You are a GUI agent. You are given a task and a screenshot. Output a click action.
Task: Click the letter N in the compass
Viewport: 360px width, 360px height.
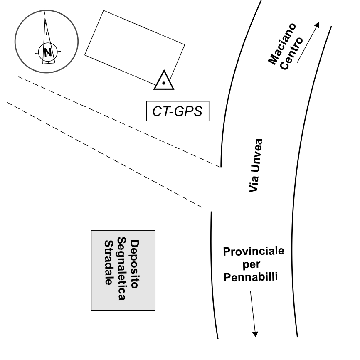[x=48, y=52]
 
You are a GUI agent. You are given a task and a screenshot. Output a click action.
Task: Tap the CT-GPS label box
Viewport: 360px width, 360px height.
[x=178, y=111]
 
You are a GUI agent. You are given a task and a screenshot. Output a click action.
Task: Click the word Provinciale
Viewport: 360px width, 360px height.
[x=254, y=252]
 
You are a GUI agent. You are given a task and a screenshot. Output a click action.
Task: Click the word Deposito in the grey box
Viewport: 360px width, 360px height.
[x=134, y=264]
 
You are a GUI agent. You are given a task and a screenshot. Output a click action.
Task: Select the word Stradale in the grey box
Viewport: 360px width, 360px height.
[x=108, y=263]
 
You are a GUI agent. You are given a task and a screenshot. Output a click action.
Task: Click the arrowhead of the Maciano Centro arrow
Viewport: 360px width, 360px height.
[x=318, y=25]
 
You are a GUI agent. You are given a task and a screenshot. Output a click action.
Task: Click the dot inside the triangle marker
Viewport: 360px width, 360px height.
[x=164, y=83]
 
